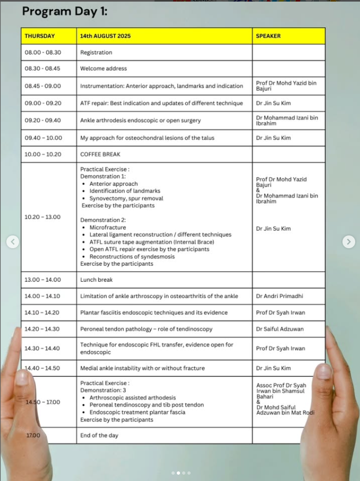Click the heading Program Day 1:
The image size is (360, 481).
(64, 11)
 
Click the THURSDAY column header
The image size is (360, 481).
(40, 36)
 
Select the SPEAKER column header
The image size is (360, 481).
(268, 36)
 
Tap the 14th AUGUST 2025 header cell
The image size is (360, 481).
(105, 36)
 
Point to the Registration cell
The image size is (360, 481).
(96, 53)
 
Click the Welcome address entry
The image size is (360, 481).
(104, 69)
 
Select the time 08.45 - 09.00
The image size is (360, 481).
(43, 86)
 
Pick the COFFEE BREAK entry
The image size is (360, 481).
(100, 155)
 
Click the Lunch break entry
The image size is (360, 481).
(97, 280)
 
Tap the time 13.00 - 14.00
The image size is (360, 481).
(43, 280)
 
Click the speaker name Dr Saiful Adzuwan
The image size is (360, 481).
(280, 330)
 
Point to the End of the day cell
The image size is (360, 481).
(99, 436)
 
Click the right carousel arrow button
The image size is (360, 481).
(348, 242)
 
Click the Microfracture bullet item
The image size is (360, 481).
(108, 227)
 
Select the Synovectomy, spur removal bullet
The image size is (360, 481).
(126, 199)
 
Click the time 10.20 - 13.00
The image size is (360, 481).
(43, 217)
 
